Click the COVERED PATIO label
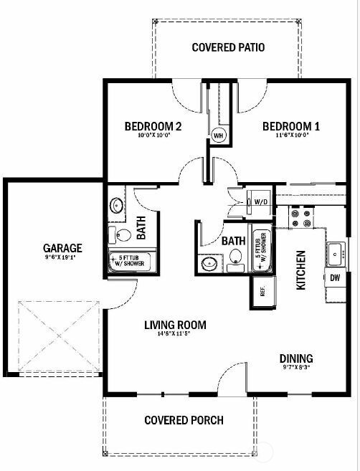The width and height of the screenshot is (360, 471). pos(228,48)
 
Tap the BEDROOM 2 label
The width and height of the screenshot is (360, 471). pos(153,126)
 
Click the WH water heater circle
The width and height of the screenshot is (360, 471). pos(218,133)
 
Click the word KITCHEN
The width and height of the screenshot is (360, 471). pos(302,270)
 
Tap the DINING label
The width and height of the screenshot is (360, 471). pos(295,358)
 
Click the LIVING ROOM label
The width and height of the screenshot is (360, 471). pos(175,325)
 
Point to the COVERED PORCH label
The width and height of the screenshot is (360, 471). pos(184,420)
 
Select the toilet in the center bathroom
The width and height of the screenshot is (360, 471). pos(235,265)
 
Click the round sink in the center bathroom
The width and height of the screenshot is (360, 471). pos(209,265)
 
